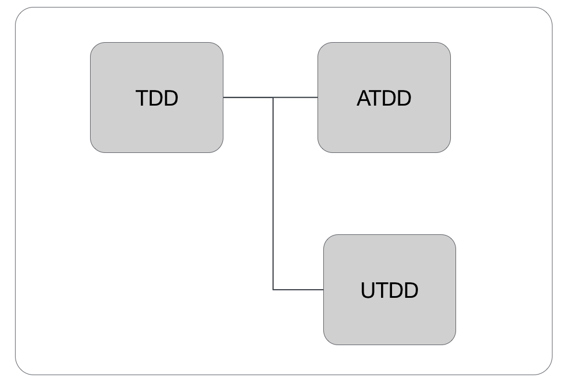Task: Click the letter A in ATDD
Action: point(364,99)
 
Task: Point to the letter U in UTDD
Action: point(369,290)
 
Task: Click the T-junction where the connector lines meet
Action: point(273,98)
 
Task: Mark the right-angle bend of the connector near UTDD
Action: point(273,290)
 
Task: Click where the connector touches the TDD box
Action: point(223,98)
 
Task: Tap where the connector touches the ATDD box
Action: point(318,98)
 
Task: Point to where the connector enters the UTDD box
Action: point(323,290)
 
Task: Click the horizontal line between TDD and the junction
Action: point(248,98)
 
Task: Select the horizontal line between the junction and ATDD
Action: point(296,98)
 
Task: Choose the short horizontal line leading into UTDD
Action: point(298,290)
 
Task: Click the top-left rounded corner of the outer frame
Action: point(21,13)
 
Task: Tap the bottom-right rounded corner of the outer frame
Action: point(546,369)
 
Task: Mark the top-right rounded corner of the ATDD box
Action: point(446,47)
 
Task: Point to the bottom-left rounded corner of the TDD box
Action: point(95,148)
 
